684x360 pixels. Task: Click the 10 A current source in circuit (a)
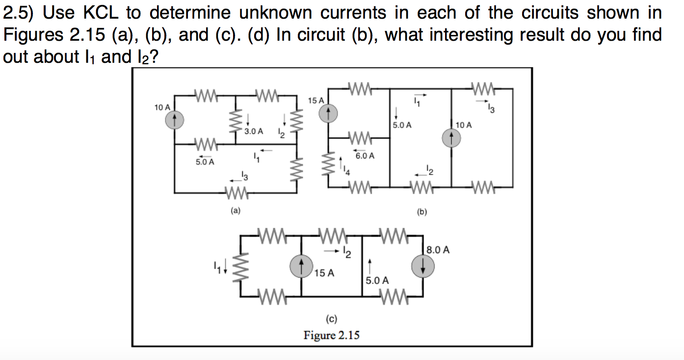pos(174,119)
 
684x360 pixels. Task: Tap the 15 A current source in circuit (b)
pos(328,114)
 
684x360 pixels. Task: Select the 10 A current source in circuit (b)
pos(451,138)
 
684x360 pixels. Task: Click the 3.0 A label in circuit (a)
pos(254,131)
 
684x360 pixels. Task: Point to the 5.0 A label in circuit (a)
pos(205,161)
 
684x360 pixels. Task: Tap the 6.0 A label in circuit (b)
pos(365,156)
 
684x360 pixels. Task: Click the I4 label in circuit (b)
pos(346,171)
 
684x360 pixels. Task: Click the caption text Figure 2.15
pos(331,335)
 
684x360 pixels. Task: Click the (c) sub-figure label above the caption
pos(331,319)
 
